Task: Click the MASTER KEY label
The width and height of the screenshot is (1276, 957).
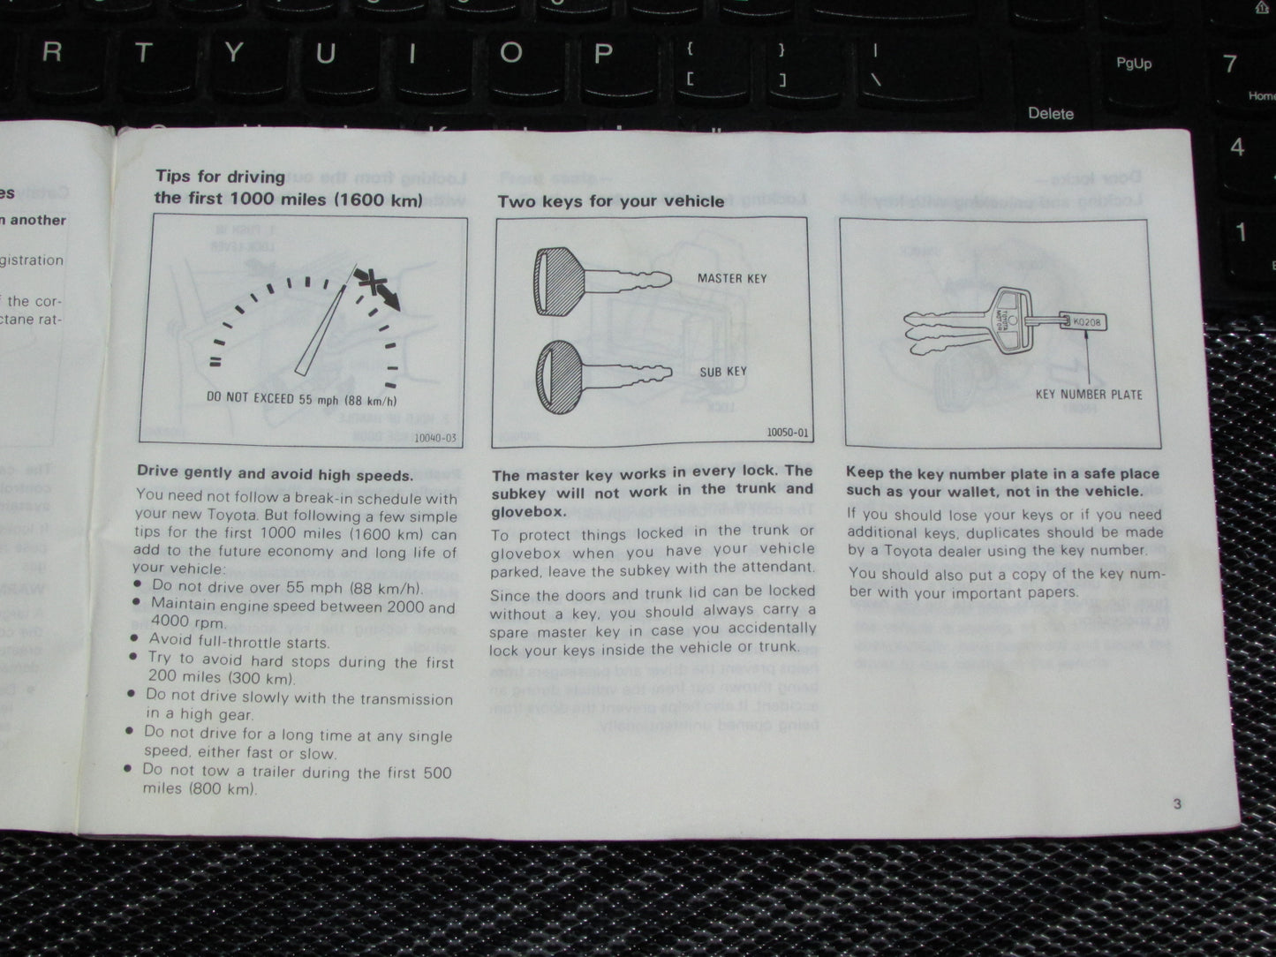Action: pos(731,279)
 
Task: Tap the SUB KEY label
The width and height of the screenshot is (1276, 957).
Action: pos(723,372)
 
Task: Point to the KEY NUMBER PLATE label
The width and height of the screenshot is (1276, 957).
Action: pos(1088,395)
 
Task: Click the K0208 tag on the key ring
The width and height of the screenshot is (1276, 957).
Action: pos(1086,323)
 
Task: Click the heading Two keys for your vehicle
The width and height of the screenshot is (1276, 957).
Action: pos(610,201)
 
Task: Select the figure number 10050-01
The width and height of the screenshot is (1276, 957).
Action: pos(787,433)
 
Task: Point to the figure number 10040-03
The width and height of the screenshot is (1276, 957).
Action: pos(436,437)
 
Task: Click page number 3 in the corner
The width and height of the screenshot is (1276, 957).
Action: pos(1177,803)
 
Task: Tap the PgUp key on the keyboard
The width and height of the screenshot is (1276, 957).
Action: pos(1133,64)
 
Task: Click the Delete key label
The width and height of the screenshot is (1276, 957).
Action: pos(1051,114)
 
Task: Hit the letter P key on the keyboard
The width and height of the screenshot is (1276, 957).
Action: pos(603,55)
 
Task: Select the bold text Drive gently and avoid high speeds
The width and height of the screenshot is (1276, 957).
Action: pos(275,474)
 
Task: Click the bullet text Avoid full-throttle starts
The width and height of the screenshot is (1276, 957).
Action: pos(238,642)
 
